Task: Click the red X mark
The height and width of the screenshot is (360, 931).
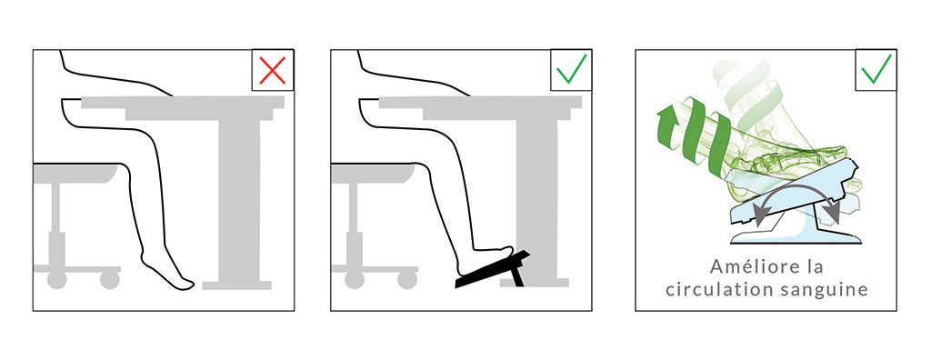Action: coord(273,70)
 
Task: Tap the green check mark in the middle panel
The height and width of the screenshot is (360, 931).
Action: coord(571,69)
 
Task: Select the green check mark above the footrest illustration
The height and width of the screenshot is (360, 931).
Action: coord(876,69)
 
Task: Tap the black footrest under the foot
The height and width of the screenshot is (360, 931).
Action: coord(492,270)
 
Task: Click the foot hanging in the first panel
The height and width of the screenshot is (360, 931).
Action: coord(167,274)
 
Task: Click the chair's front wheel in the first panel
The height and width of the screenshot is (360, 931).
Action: coord(110,278)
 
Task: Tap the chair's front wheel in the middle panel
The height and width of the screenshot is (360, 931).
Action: coord(407,278)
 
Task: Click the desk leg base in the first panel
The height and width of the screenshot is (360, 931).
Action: coord(237,285)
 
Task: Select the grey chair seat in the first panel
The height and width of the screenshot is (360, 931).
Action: coord(76,173)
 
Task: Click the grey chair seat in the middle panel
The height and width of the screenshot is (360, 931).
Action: coord(373,173)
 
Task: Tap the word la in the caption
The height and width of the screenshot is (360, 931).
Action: coord(814,266)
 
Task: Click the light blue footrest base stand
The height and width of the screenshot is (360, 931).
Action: coord(796,234)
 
